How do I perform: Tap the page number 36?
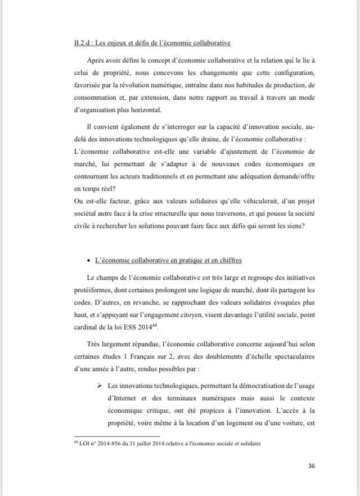coord(313,466)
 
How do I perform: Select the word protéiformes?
coord(93,289)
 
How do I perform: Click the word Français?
coord(161,356)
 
